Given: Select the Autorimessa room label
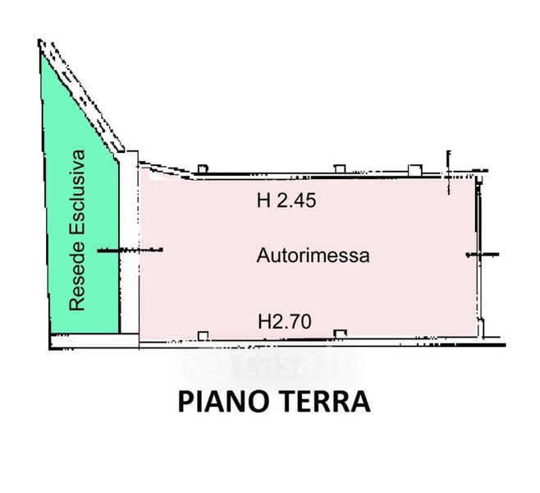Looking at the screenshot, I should pos(313,256).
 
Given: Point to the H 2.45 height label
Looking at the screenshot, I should pos(286,200).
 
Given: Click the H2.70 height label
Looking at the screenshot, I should pos(283,322).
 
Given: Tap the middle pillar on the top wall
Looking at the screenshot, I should pos(337,169).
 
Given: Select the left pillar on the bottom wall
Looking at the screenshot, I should pos(203,334).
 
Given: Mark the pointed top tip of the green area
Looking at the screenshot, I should pos(41,43).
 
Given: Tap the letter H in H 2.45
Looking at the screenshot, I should pos(263,200).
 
